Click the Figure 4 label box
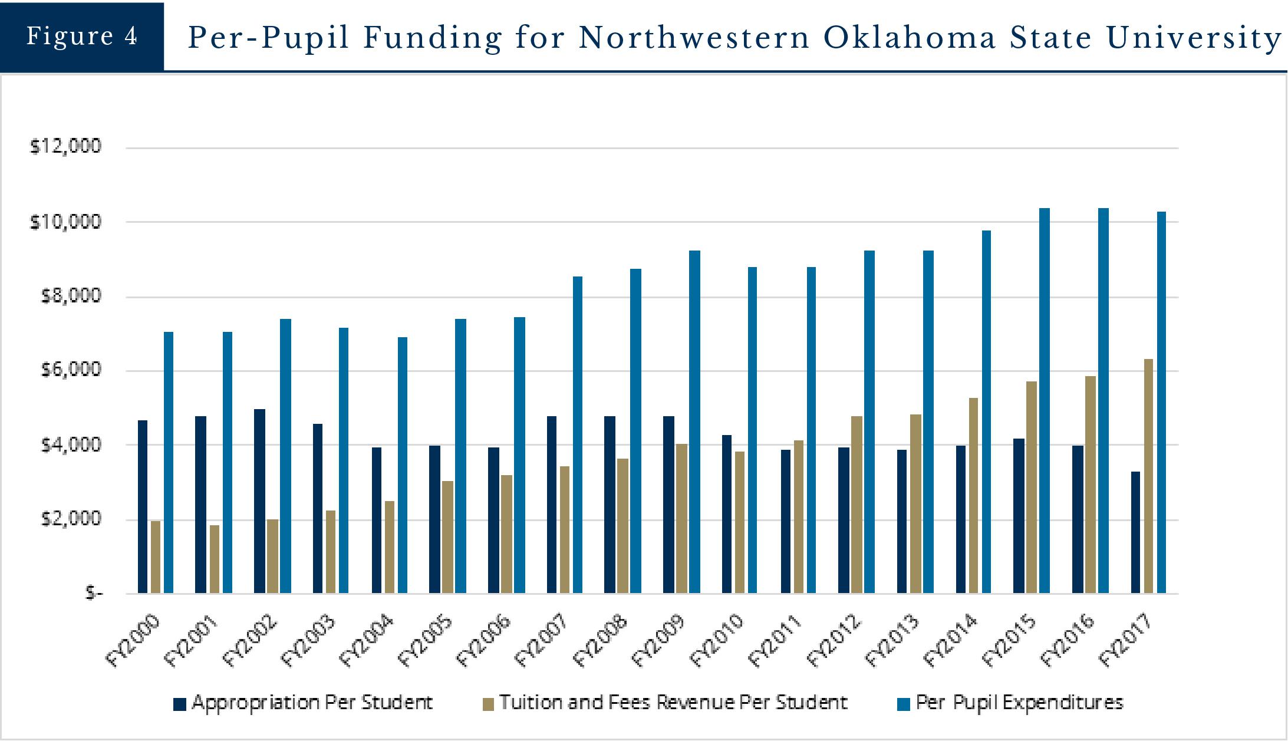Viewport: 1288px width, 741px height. [x=82, y=37]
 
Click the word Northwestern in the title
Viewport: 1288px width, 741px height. [x=694, y=38]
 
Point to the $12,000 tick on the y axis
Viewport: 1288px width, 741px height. [x=65, y=146]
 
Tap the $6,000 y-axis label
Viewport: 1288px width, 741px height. [x=71, y=370]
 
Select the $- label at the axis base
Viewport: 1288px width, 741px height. [x=94, y=592]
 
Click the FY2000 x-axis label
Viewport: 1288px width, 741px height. [x=133, y=640]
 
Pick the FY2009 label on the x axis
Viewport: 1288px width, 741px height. [x=658, y=640]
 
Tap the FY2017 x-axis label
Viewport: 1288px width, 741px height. [x=1126, y=640]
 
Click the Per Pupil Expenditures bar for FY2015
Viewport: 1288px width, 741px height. [x=1044, y=401]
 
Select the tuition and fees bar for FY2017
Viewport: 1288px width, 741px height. [x=1148, y=476]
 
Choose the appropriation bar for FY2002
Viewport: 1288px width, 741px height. [x=259, y=501]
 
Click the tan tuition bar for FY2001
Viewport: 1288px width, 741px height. [x=214, y=559]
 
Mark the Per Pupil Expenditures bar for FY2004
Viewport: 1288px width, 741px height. [x=402, y=465]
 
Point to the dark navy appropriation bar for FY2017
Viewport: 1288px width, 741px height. [x=1135, y=532]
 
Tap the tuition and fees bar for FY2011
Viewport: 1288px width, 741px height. [x=798, y=516]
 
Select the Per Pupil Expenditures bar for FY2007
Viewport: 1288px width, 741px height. [x=578, y=434]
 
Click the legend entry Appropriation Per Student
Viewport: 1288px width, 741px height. [x=312, y=703]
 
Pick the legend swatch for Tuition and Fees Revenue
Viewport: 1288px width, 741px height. [x=488, y=704]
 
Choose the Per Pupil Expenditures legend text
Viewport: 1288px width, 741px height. [x=1019, y=703]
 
